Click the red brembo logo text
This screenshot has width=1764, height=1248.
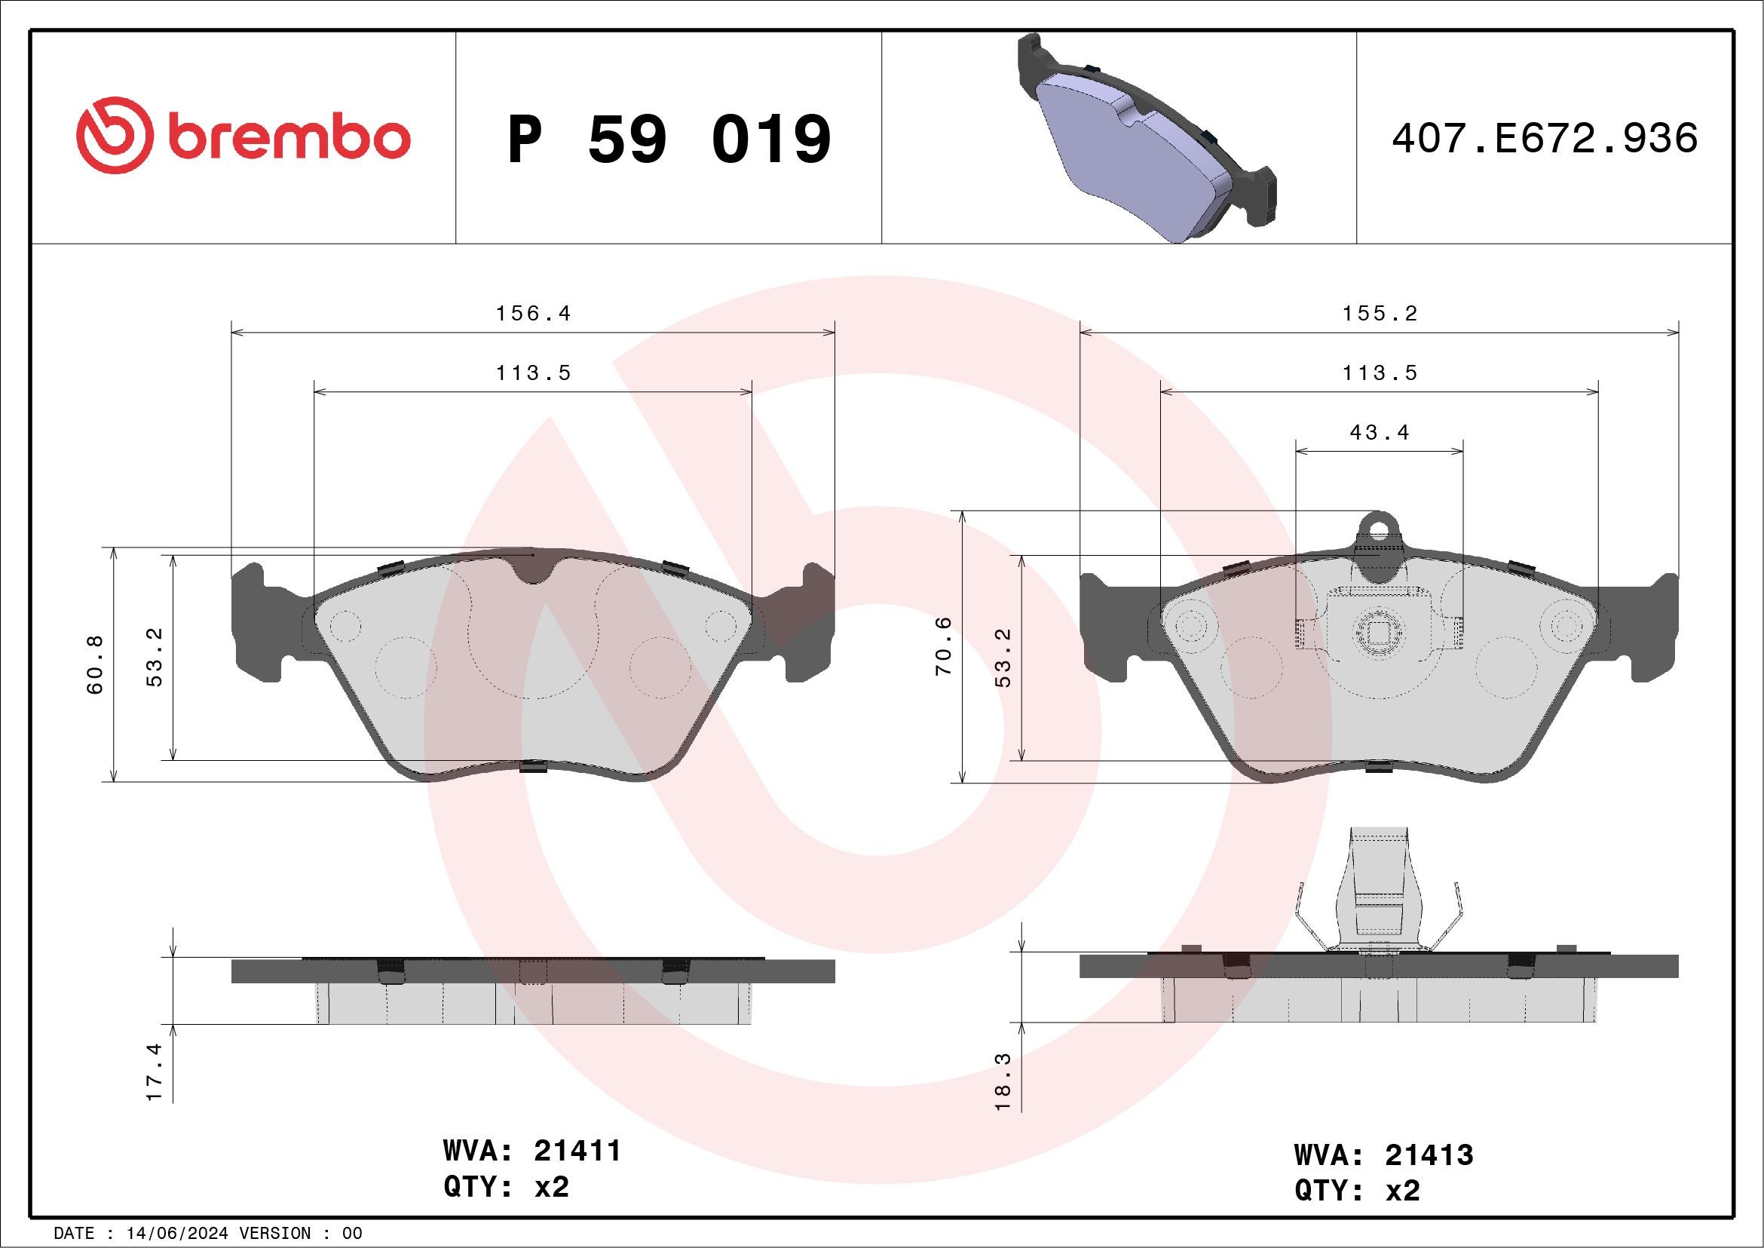click(288, 138)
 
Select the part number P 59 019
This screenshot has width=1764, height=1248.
click(669, 139)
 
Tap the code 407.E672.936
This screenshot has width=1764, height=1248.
click(1545, 138)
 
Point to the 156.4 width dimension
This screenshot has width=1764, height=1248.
click(533, 314)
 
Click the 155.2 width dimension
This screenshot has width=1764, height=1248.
click(1379, 314)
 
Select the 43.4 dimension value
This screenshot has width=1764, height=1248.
click(1379, 433)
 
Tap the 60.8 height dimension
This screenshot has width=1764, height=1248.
click(94, 665)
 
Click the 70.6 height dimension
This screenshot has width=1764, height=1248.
click(944, 646)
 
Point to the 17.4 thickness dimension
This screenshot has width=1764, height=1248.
click(155, 1072)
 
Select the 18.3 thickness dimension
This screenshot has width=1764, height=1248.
click(1003, 1081)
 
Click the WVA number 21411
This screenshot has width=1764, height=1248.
click(577, 1151)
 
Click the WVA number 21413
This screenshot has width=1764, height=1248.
click(1429, 1155)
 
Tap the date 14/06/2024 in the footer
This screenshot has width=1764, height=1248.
click(176, 1234)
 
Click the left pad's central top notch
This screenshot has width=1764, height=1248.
click(534, 569)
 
